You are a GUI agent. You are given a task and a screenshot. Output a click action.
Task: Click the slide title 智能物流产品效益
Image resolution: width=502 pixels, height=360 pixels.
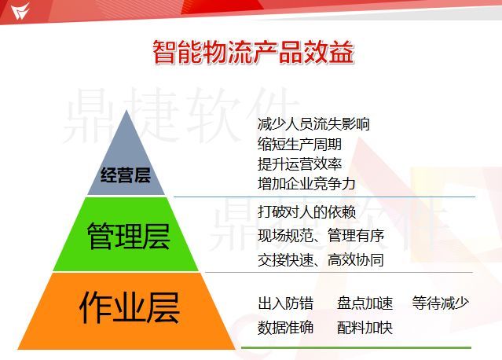253,52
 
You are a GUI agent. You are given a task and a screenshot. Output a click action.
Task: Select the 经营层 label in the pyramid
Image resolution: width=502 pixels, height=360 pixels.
126,174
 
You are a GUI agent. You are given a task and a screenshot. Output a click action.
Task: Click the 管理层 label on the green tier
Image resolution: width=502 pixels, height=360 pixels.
128,236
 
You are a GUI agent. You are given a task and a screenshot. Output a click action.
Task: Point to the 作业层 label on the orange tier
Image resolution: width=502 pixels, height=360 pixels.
130,307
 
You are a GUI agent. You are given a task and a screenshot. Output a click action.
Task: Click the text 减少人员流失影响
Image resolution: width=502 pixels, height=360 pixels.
313,124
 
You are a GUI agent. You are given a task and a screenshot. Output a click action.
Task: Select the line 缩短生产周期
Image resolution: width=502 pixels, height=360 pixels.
299,144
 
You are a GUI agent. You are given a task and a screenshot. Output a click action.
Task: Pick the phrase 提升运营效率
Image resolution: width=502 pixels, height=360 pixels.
299,164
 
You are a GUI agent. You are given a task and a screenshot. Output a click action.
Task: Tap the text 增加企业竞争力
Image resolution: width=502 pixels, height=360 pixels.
306,184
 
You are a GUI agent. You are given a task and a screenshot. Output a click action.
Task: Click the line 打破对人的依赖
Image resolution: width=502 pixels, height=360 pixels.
306,212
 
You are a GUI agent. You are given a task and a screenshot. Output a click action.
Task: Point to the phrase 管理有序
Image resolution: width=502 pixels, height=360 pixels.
356,236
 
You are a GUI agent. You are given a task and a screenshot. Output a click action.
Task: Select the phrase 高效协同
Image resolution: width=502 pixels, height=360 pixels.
356,259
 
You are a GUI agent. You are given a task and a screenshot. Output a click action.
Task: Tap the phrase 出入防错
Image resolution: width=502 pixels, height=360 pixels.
285,303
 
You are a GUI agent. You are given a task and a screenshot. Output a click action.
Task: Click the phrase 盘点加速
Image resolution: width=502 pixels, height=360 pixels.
365,303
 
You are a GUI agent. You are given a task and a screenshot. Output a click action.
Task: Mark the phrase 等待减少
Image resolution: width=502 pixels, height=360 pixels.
440,303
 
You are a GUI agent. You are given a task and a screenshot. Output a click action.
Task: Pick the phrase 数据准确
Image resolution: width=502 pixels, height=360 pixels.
285,328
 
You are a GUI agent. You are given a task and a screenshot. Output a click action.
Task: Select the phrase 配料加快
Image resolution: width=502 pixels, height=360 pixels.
365,328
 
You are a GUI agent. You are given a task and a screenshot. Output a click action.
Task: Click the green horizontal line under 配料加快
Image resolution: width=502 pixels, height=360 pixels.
356,347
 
